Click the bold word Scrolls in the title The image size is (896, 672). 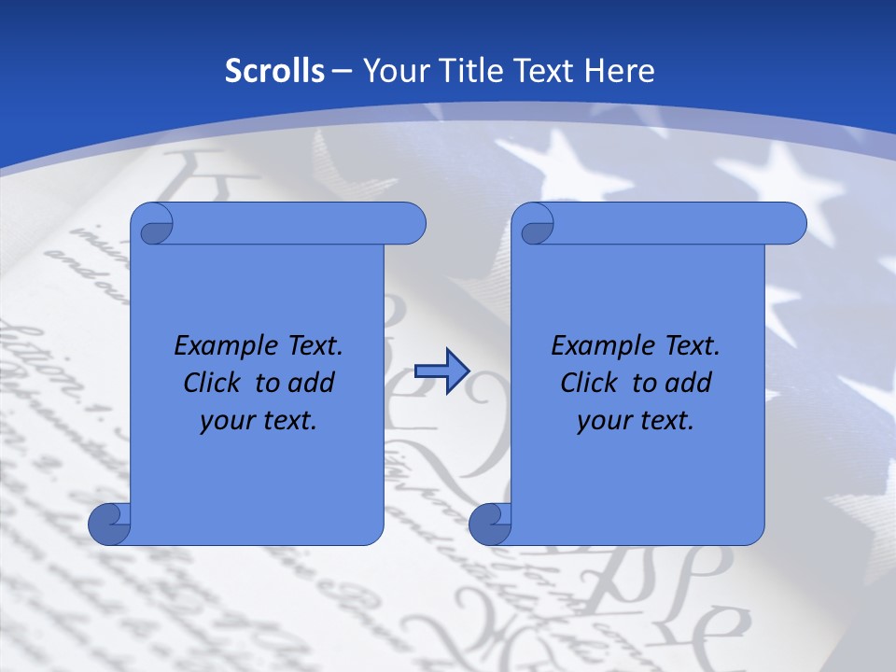(275, 70)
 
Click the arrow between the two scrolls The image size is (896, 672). (441, 371)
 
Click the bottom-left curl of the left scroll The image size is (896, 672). (109, 525)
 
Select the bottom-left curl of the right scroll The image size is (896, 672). (490, 525)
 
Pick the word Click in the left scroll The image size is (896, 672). (213, 383)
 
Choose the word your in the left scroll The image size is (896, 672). (226, 421)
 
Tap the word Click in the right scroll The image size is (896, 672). (589, 383)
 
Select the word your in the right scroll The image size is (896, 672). (603, 421)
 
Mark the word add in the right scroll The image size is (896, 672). (690, 383)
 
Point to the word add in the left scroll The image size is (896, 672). (313, 383)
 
